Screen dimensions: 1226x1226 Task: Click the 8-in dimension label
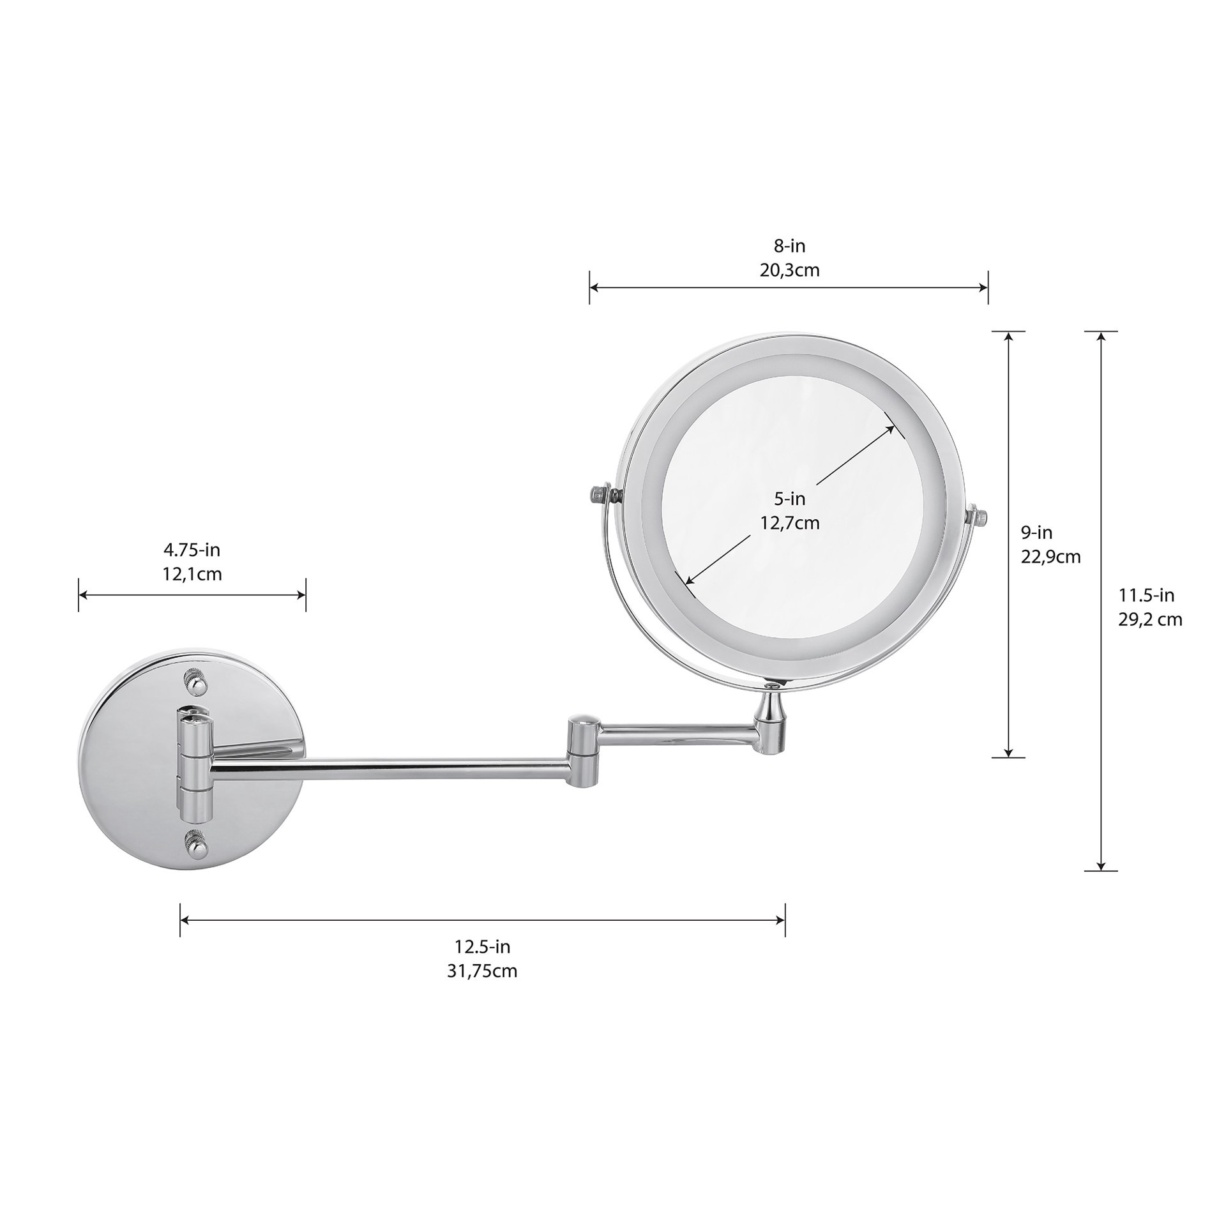(789, 245)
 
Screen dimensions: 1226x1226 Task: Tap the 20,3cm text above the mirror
(789, 270)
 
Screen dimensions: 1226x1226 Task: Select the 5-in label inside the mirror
(789, 498)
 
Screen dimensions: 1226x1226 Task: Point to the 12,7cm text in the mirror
(789, 524)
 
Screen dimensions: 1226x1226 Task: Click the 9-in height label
(1036, 532)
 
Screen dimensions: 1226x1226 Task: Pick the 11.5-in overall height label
(1146, 595)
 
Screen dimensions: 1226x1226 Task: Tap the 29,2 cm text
(1149, 619)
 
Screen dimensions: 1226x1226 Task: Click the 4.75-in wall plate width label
(192, 550)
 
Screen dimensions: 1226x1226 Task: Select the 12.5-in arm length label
(482, 946)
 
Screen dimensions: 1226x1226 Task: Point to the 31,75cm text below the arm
(482, 971)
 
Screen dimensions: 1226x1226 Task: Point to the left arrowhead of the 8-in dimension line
(593, 288)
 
